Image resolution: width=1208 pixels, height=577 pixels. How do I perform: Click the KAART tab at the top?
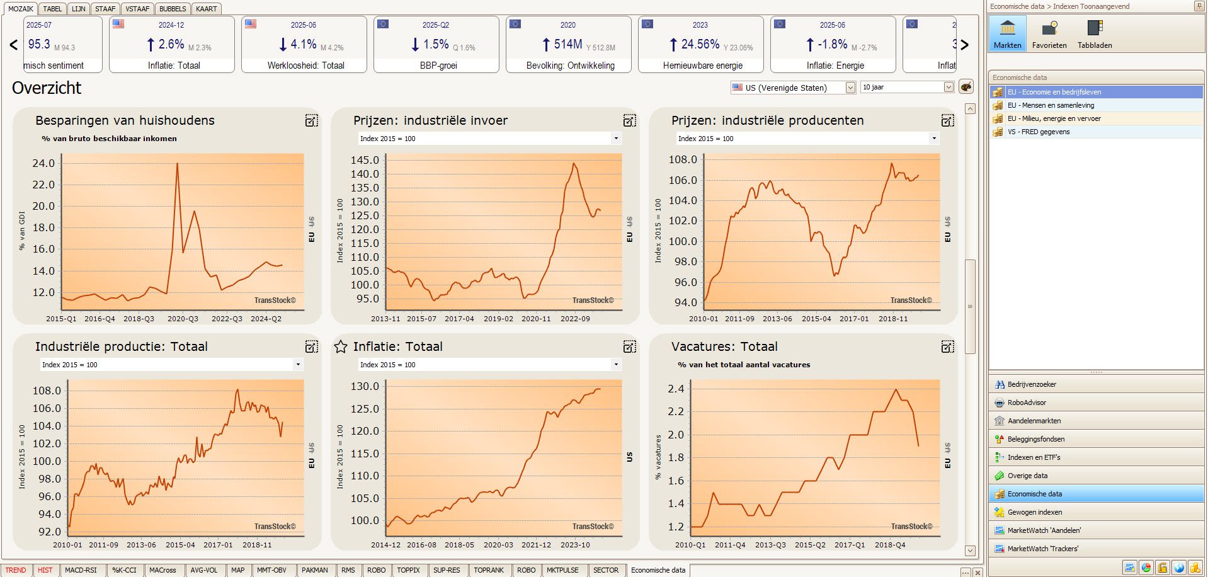pyautogui.click(x=206, y=9)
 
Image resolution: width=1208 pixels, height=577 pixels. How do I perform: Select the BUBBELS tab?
pyautogui.click(x=172, y=9)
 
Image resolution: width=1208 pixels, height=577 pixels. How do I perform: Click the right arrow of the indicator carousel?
pyautogui.click(x=964, y=45)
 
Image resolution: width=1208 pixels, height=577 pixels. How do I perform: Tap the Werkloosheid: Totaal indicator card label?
pyautogui.click(x=305, y=66)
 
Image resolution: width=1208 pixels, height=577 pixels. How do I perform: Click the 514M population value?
pyautogui.click(x=567, y=44)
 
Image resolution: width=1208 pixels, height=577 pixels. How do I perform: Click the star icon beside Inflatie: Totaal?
pyautogui.click(x=341, y=346)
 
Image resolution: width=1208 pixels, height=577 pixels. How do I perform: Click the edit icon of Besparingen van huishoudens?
pyautogui.click(x=311, y=120)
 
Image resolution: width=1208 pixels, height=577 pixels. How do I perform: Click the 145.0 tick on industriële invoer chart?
pyautogui.click(x=365, y=160)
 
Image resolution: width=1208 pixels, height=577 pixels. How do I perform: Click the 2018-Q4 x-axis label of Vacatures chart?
pyautogui.click(x=889, y=545)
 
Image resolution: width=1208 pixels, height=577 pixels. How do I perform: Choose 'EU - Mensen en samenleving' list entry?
pyautogui.click(x=1051, y=105)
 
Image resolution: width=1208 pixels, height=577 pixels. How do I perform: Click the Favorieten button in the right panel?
pyautogui.click(x=1049, y=34)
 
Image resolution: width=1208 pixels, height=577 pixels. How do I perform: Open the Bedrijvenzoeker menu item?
pyautogui.click(x=1032, y=384)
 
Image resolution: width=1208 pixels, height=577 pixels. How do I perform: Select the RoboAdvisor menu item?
pyautogui.click(x=1027, y=403)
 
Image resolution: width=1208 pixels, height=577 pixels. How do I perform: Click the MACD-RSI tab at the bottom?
pyautogui.click(x=81, y=570)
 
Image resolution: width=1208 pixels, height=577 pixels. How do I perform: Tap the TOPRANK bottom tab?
pyautogui.click(x=489, y=570)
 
